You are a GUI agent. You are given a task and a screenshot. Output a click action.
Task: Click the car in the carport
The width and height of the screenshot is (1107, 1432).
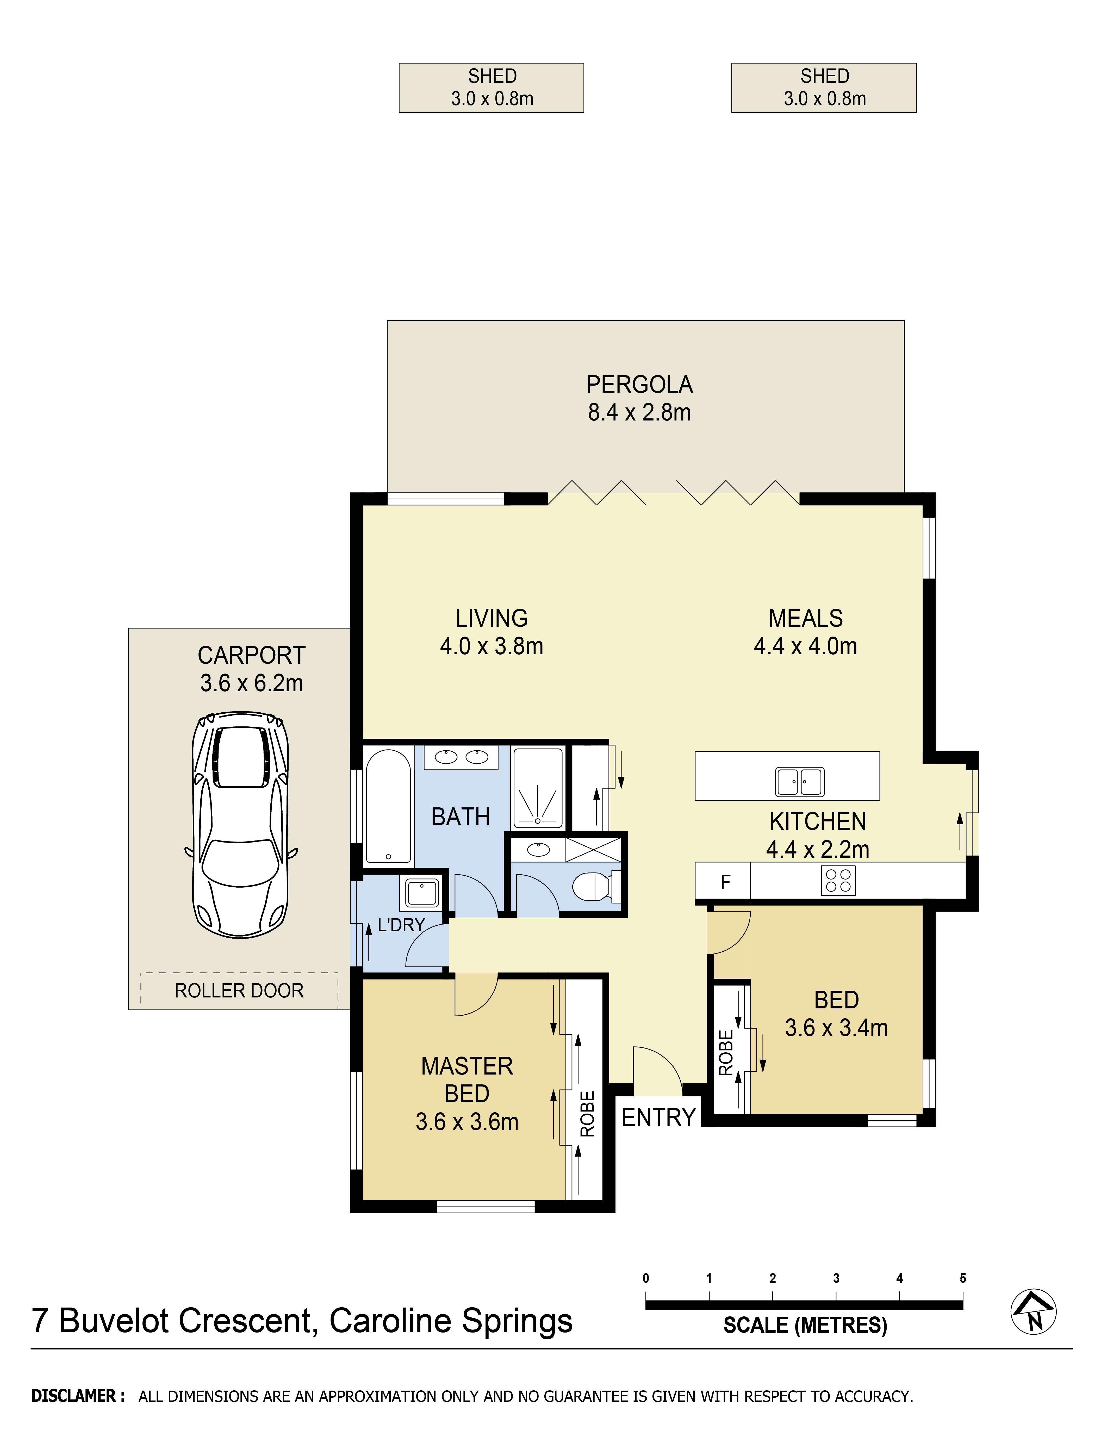tap(241, 825)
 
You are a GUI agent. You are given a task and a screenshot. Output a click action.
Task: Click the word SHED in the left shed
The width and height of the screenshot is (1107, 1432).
tap(493, 76)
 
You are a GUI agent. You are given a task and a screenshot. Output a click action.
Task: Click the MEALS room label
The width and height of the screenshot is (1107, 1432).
tap(805, 618)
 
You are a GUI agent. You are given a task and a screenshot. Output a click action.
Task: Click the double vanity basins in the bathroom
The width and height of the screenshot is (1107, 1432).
tap(461, 757)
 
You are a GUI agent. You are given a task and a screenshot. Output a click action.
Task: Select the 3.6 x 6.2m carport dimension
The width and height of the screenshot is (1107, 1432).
tap(252, 683)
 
